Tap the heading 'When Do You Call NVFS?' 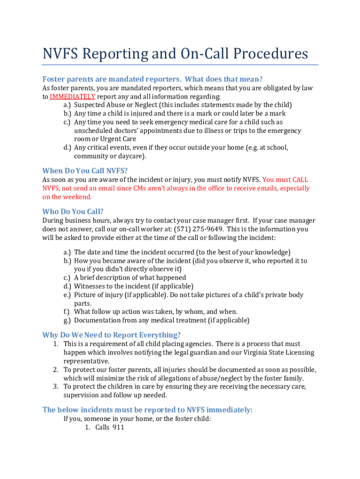[x=85, y=171]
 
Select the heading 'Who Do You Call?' [x=73, y=211]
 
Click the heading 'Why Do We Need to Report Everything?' [x=111, y=335]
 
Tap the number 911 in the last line [x=118, y=428]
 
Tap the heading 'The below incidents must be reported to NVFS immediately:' [x=147, y=410]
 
